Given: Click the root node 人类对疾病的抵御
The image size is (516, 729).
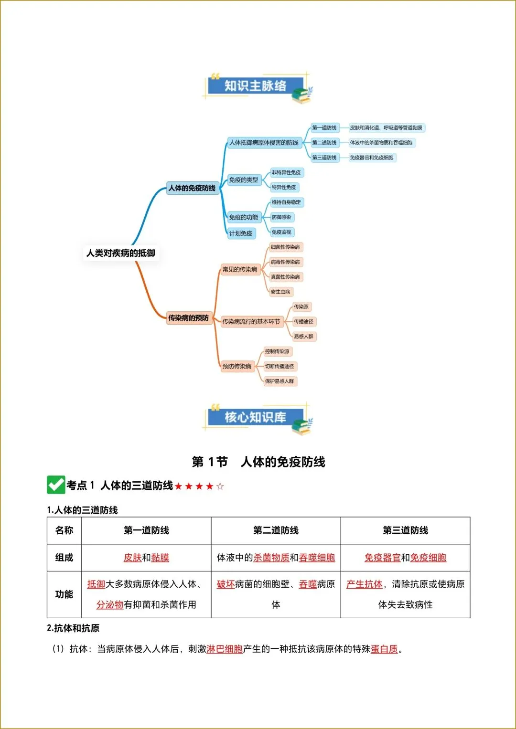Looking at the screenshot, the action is (x=120, y=253).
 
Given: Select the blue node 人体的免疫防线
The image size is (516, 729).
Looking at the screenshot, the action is (x=192, y=188).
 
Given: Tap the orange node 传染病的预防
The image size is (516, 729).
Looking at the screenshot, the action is (x=188, y=318).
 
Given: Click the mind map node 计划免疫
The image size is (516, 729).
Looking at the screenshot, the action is (x=241, y=233).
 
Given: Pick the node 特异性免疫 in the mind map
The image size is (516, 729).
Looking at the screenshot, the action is (x=284, y=188).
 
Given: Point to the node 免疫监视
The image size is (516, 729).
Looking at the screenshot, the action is (x=281, y=232).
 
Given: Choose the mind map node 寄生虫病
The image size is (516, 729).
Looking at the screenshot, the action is (x=280, y=292).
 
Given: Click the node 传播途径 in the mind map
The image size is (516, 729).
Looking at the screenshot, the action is (x=303, y=322).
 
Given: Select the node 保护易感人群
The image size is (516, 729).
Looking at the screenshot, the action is (x=279, y=381).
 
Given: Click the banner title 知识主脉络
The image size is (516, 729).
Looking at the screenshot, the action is (x=255, y=86).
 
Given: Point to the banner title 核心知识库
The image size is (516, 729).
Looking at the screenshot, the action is (x=255, y=417).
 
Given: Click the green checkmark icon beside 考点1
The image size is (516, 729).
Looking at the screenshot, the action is (x=56, y=485).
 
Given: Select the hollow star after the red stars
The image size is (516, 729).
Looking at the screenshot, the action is (x=220, y=486).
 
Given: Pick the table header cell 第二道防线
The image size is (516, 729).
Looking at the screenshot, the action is (x=276, y=530).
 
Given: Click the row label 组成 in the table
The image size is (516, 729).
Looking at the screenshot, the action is (x=64, y=558).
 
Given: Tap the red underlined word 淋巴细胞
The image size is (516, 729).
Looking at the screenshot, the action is (x=225, y=649).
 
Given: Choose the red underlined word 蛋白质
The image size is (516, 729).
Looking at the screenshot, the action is (x=384, y=649).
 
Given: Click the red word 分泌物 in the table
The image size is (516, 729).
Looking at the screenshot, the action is (x=110, y=605).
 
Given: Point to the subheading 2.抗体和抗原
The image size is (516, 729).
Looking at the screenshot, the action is (x=73, y=628).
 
